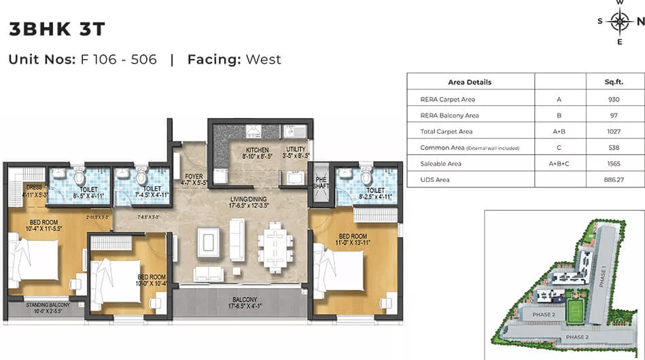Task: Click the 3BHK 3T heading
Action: click(x=57, y=29)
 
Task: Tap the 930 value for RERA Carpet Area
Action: click(x=614, y=99)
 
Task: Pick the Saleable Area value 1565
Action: click(x=614, y=164)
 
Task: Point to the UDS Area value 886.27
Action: click(x=614, y=180)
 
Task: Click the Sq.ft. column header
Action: click(x=614, y=82)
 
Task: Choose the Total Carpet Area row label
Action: click(x=447, y=131)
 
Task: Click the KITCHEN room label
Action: click(x=257, y=150)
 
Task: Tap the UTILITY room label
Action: click(x=296, y=149)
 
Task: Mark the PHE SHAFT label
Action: click(x=321, y=182)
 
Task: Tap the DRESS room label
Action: click(x=34, y=187)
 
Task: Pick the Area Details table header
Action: click(x=470, y=82)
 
